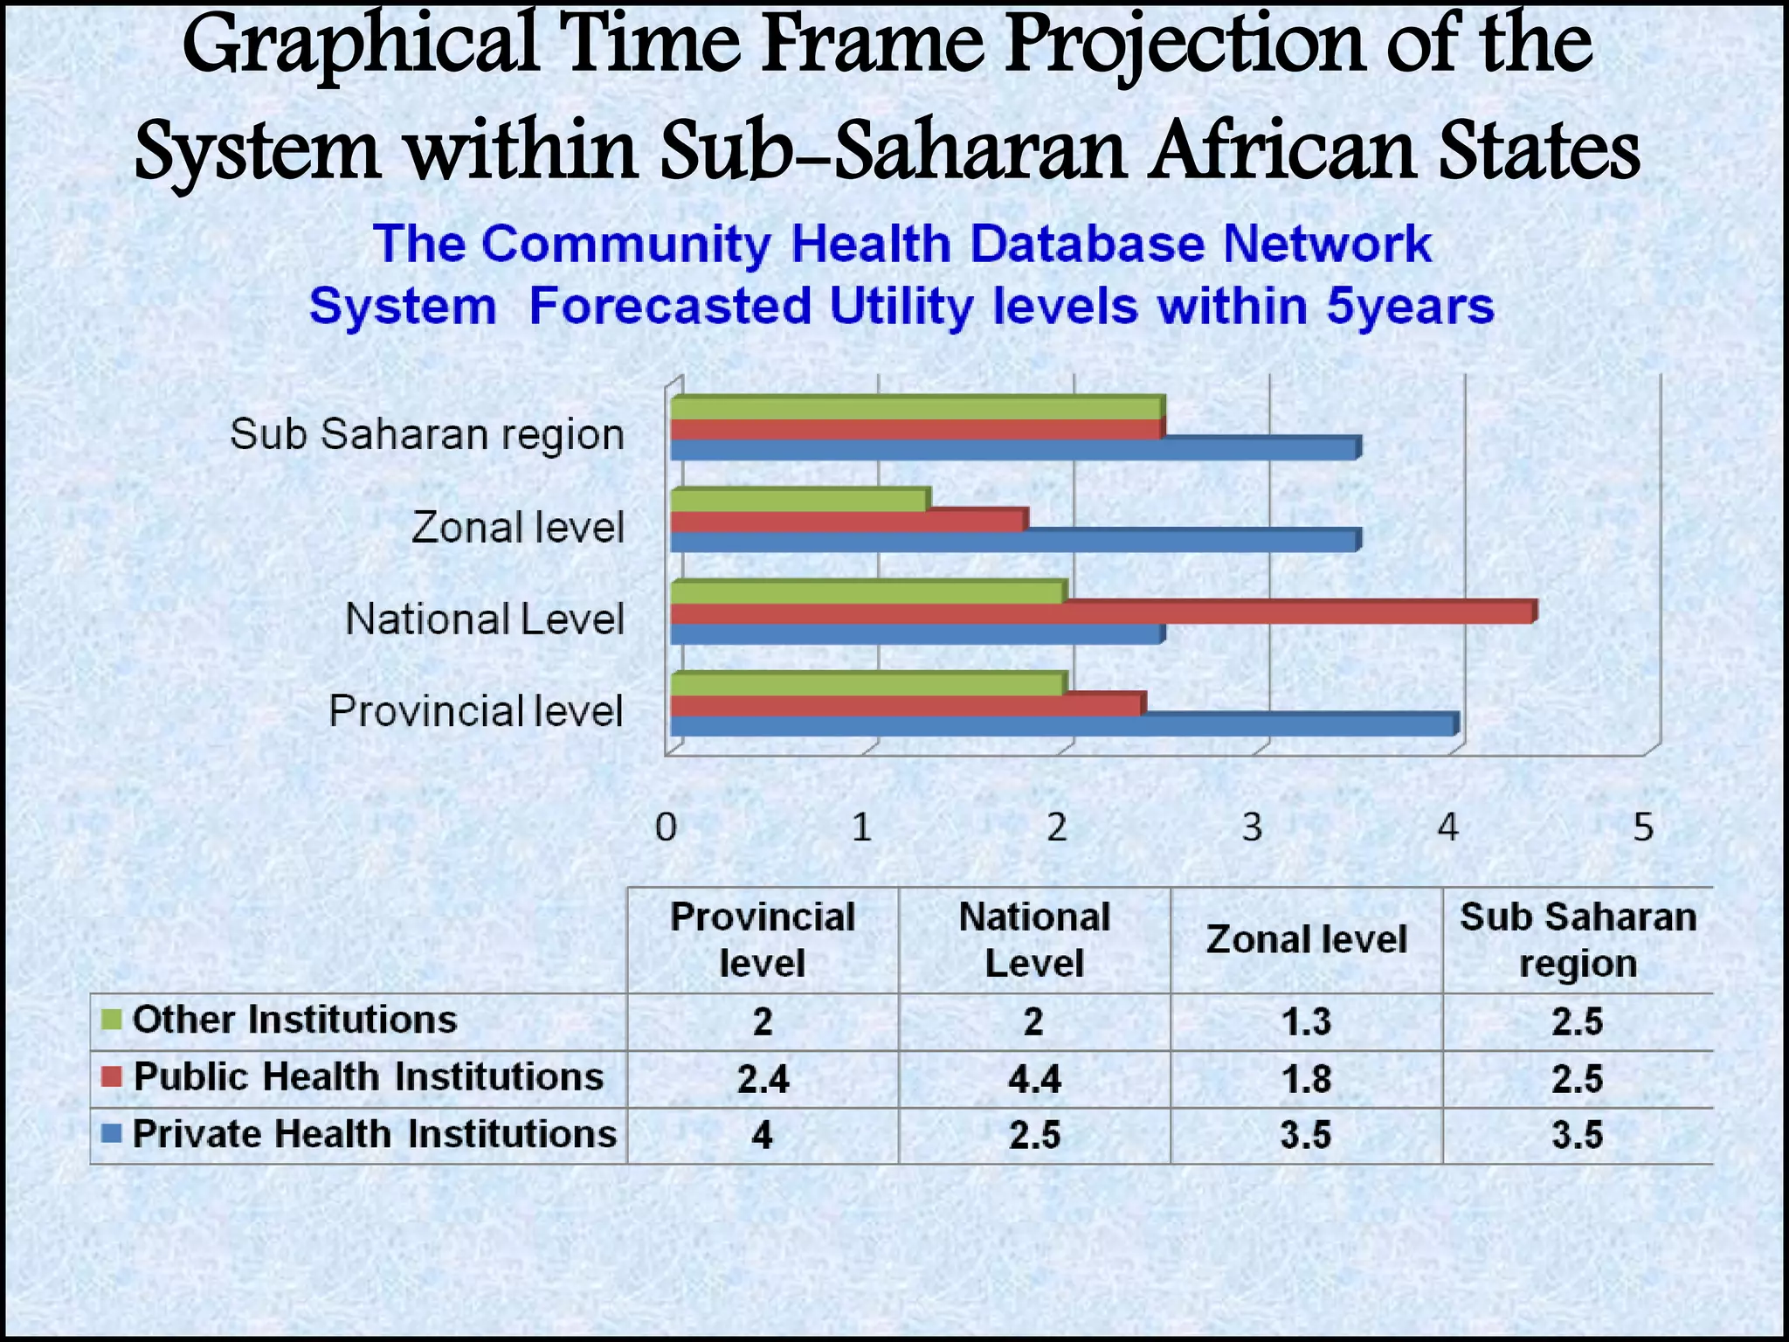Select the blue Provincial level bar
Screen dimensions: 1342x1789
pos(1061,725)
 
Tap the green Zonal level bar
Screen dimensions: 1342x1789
pos(799,500)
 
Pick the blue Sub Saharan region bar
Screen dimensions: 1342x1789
pos(1013,450)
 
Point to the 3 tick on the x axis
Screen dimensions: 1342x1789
pos(1253,827)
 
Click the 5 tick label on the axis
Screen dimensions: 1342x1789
pos(1643,827)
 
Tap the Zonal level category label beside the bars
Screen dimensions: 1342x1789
pos(518,528)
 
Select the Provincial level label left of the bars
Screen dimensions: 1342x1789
pos(476,711)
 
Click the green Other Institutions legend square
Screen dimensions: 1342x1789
pos(111,1020)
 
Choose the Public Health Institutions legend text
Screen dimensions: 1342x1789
pos(368,1077)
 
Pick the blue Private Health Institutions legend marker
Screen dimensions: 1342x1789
pos(111,1135)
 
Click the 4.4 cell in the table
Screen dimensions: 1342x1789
pos(1033,1080)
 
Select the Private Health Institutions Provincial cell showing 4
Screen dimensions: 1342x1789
pos(762,1136)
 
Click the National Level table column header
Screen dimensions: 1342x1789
pos(1033,940)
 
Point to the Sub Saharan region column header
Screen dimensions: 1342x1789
pos(1578,940)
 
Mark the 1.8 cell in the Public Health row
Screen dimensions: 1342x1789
pos(1305,1080)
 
